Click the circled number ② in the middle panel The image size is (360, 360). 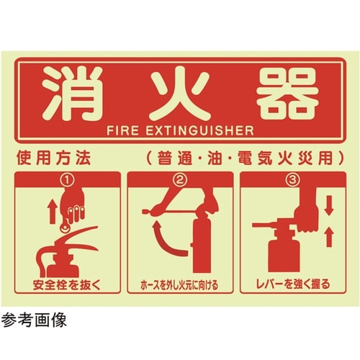click(x=180, y=176)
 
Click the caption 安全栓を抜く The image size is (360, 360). click(x=68, y=282)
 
